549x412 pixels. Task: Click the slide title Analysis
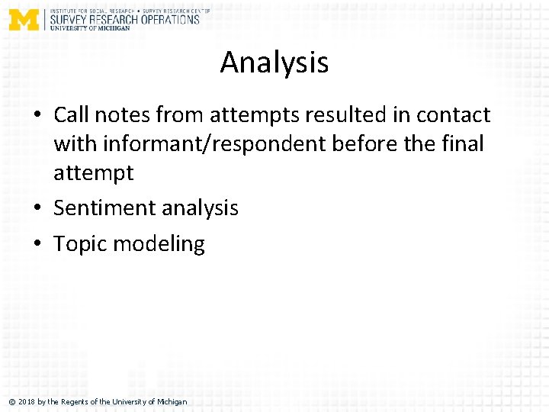click(x=274, y=62)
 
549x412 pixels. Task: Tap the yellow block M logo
click(x=23, y=18)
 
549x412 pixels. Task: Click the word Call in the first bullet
click(x=72, y=115)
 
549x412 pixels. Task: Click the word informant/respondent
click(x=223, y=144)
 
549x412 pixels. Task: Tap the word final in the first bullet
click(x=461, y=144)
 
